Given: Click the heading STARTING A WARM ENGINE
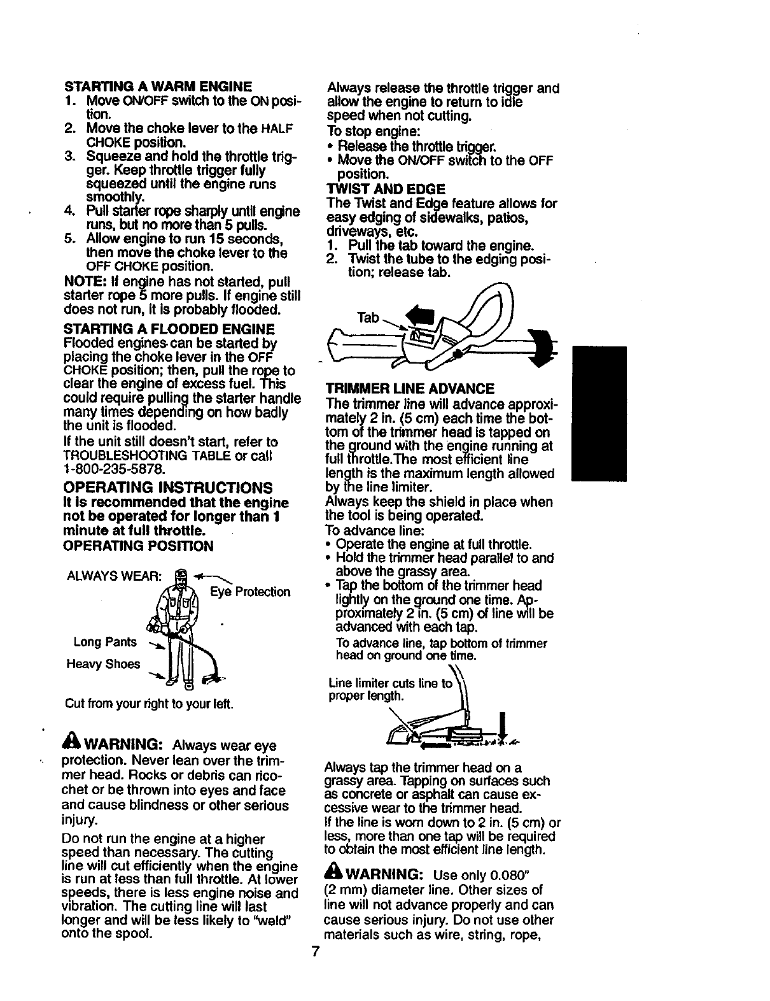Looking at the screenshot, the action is pos(158,86).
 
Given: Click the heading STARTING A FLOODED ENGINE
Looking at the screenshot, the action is pos(169,329).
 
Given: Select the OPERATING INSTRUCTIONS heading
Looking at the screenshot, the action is pos(168,488).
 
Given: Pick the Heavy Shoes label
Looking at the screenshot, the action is pos(103,664).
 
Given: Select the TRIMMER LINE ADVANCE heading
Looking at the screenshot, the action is pos(410,388).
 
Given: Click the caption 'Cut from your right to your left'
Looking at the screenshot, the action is pos(149,705).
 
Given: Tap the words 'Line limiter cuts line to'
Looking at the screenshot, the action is pos(389,683).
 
